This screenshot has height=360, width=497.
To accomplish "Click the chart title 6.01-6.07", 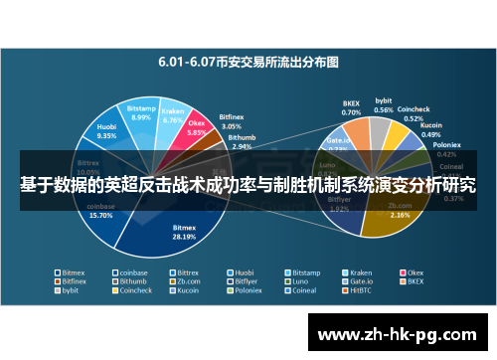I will coord(248,61).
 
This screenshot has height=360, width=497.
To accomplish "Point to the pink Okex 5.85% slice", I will coord(197,130).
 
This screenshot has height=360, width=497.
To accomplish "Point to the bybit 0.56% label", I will coord(384,104).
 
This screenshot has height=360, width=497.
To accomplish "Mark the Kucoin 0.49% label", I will coord(430,130).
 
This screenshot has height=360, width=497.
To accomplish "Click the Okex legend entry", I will coord(413,271).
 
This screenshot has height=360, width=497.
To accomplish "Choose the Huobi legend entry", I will coord(244,271).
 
